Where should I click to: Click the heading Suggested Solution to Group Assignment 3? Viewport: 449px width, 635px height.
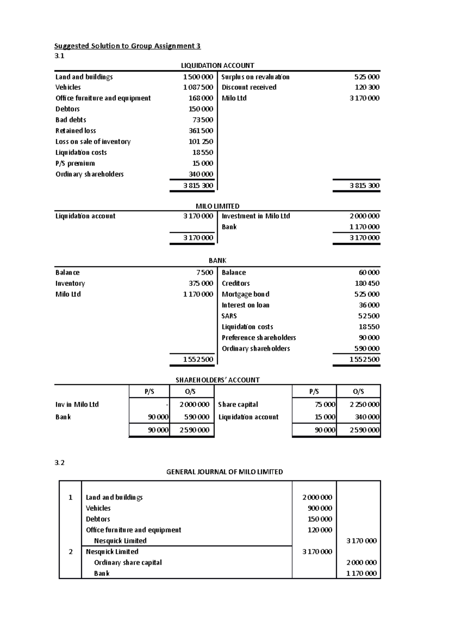click(x=127, y=46)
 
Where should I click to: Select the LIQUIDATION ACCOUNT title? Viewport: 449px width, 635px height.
click(x=217, y=65)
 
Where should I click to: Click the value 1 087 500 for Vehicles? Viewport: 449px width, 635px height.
click(x=198, y=87)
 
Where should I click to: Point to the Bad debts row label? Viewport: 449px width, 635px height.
click(x=71, y=120)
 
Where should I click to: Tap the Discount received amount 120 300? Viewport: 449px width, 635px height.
click(x=367, y=87)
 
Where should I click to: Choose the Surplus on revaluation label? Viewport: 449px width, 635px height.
click(x=255, y=77)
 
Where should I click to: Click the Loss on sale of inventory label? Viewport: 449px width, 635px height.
click(x=93, y=141)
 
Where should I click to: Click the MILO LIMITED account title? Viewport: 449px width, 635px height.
click(x=217, y=206)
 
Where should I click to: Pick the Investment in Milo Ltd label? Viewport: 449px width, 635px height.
click(x=256, y=216)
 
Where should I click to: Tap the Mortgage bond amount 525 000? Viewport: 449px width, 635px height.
click(x=367, y=294)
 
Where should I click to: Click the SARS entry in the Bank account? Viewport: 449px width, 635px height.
click(x=229, y=316)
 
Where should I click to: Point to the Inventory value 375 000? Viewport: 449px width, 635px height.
click(x=201, y=283)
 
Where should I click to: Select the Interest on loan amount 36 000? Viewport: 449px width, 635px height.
click(x=369, y=305)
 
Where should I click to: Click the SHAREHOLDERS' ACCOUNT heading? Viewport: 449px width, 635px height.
click(x=217, y=380)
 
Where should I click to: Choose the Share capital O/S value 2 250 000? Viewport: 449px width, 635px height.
click(x=365, y=404)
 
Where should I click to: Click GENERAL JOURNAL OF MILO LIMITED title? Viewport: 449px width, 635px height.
click(x=224, y=472)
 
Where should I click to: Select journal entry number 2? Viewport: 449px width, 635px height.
click(x=70, y=552)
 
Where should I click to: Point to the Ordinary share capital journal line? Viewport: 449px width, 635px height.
click(x=128, y=562)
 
